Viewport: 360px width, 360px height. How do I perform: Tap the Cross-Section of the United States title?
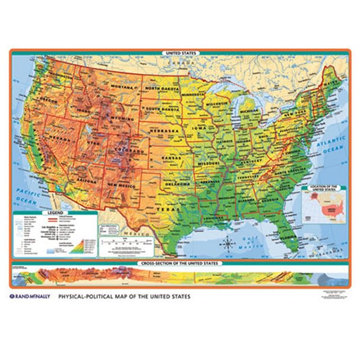coord(182,263)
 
